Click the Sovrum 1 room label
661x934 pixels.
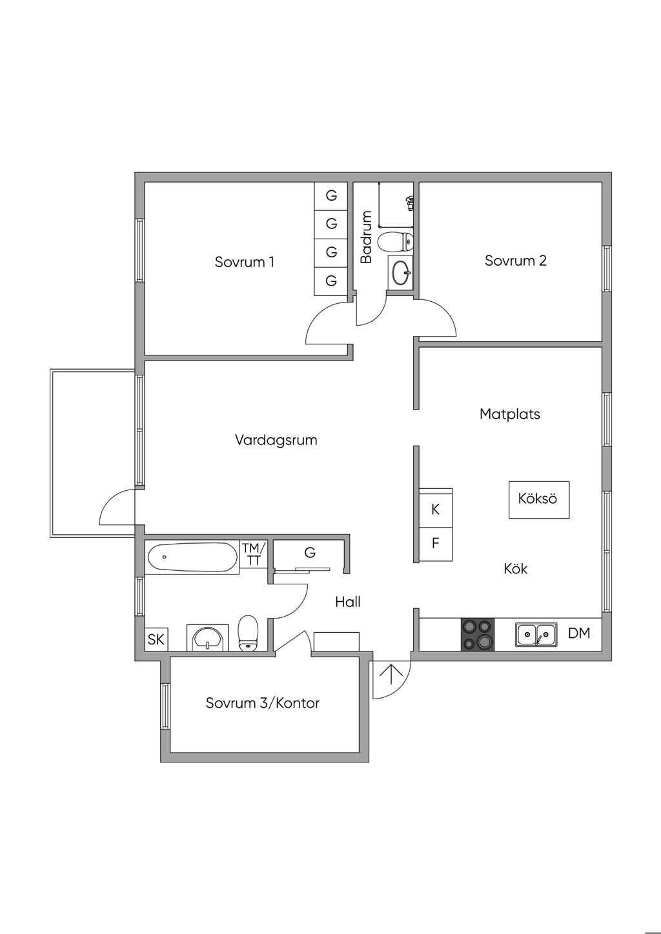coord(244,262)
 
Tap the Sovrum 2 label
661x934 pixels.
coord(515,261)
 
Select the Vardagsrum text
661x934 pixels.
coord(276,440)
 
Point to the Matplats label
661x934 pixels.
coord(509,413)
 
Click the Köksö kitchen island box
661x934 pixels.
coord(538,499)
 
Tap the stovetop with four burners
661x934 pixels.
coord(477,634)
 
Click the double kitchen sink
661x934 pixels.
coord(536,635)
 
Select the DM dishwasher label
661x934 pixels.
coord(579,633)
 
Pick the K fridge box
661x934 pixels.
coord(436,510)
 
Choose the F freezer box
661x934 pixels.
coord(436,543)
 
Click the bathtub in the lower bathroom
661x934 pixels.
coord(192,557)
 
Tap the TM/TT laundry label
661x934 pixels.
coord(254,555)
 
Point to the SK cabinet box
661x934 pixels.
coord(156,640)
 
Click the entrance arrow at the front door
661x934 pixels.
coord(391,675)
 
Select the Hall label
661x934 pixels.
coord(347,602)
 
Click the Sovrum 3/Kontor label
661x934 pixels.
coord(262,703)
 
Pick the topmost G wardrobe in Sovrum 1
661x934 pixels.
coord(331,195)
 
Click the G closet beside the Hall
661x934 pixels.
coord(310,553)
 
